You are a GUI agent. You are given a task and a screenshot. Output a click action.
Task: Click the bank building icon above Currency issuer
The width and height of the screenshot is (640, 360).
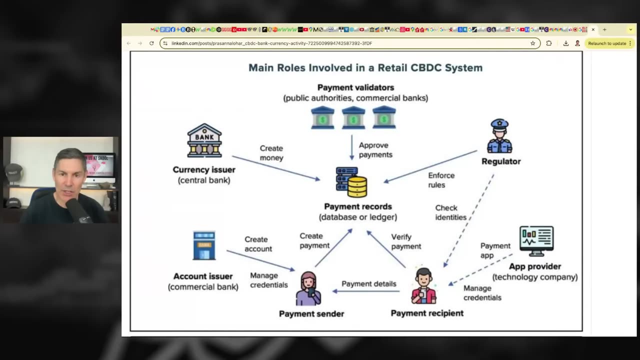pos(204,140)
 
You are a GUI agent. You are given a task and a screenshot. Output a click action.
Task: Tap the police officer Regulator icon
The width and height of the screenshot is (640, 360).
pos(499,136)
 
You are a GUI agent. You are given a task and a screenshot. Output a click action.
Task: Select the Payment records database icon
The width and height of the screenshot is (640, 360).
pos(351,182)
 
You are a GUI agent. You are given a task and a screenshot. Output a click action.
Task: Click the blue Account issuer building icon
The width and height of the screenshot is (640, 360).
pos(204,245)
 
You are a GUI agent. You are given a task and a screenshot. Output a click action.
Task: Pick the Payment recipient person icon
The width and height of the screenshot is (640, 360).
pos(423,286)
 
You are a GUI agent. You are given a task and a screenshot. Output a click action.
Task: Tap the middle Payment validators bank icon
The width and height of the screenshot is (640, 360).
pos(353,117)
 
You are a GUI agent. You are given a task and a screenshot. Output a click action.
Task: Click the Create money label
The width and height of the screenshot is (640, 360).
pos(271,153)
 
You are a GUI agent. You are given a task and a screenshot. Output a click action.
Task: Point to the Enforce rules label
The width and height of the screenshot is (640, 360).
pos(441,180)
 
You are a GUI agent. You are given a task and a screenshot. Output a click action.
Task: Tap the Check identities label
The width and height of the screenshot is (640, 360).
pos(450,212)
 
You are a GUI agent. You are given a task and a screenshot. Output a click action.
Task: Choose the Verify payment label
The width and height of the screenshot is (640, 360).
pos(406,241)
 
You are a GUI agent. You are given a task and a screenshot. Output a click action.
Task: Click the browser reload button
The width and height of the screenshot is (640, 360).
pos(151,43)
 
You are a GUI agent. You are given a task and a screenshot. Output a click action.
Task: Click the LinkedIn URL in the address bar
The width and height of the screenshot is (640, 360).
pos(271,43)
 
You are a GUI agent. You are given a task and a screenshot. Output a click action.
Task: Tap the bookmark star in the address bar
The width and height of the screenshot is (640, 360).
pos(532,43)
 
